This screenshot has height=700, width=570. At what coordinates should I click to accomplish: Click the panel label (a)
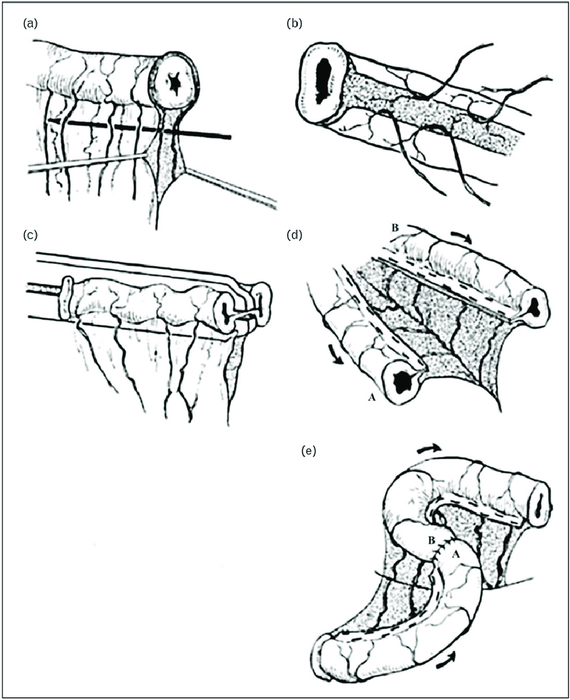(x=30, y=24)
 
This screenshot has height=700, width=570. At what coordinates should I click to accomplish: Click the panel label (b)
(x=294, y=24)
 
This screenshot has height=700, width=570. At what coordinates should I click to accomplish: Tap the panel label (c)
(x=30, y=235)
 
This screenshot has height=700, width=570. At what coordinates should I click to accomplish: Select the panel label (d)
(x=294, y=235)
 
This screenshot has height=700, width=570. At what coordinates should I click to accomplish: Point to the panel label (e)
(x=308, y=451)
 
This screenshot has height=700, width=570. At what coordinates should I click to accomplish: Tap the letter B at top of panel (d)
(x=394, y=228)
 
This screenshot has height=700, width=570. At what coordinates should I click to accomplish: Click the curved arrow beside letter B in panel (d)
(x=461, y=236)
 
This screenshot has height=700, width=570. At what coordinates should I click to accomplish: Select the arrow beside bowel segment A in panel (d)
(x=336, y=355)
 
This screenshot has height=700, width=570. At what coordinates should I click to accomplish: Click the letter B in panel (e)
(x=431, y=541)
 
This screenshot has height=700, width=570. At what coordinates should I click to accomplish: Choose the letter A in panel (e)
(x=456, y=555)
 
